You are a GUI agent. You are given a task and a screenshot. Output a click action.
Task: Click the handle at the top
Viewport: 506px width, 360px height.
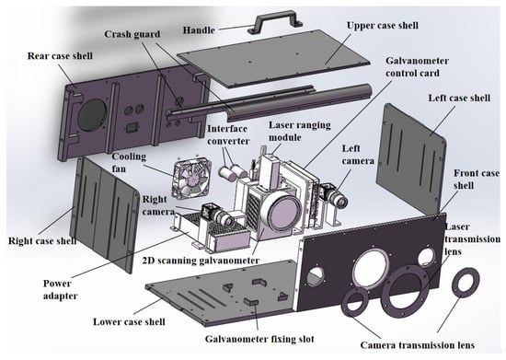point(275,17)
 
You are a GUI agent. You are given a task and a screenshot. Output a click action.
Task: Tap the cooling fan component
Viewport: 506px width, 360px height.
point(192,178)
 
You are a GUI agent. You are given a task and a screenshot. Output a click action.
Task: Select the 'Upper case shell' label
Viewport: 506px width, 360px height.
point(383,26)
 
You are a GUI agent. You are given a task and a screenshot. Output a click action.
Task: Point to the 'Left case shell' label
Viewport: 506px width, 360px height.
point(459,98)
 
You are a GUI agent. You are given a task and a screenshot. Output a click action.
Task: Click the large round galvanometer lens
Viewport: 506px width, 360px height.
point(284,212)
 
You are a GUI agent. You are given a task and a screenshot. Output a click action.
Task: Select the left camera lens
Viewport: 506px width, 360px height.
point(340,200)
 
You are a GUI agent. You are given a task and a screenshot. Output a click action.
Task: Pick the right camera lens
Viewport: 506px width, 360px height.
point(227,220)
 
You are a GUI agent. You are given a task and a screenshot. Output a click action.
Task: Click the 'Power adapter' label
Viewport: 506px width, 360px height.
point(61,289)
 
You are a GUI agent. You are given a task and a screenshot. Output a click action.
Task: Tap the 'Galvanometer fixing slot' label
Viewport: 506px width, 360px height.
point(259,339)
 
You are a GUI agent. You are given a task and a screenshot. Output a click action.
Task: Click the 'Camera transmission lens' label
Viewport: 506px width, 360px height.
point(418,345)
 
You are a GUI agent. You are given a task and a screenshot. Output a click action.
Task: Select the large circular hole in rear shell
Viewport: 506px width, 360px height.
point(92,114)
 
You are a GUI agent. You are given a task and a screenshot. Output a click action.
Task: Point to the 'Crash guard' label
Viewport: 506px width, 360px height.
point(132,34)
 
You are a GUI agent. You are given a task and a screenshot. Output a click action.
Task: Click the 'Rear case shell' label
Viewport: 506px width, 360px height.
point(60,56)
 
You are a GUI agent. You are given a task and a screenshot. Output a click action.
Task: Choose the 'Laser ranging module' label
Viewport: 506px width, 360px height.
point(300,131)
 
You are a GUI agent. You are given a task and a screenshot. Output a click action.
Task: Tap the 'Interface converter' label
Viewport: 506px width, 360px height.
point(228,134)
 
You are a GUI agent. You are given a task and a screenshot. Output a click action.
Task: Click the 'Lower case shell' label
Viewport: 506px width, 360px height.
point(129,321)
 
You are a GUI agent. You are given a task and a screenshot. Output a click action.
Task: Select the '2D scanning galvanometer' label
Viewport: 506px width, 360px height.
point(201,261)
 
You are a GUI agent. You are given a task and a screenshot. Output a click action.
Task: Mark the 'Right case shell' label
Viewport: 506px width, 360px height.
point(42,241)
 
